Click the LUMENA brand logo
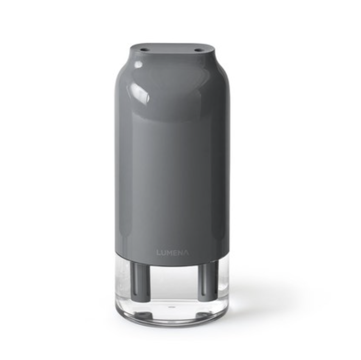click(173, 253)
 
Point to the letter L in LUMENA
click(159, 253)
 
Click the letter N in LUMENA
click(180, 253)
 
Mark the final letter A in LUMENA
click(186, 253)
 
